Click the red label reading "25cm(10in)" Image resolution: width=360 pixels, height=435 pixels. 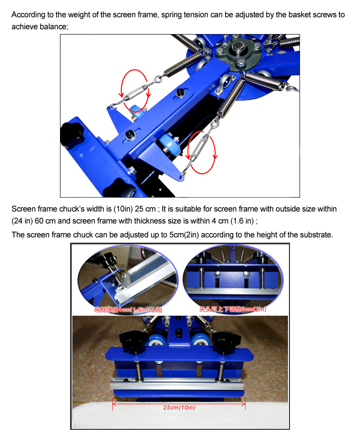point(179,408)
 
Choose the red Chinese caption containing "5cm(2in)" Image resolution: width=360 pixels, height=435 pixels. point(233,309)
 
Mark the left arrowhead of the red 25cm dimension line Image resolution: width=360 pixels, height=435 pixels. point(114,403)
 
